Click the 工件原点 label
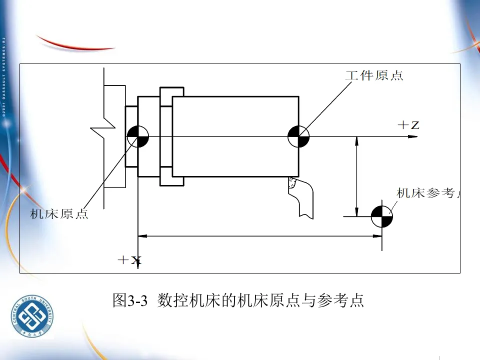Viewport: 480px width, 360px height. point(374,76)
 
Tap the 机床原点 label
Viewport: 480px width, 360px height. point(59,214)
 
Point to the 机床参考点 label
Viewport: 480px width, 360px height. point(428,193)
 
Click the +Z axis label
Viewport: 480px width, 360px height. point(408,125)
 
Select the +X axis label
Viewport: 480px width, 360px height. point(129,260)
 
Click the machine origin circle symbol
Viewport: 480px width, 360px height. point(137,136)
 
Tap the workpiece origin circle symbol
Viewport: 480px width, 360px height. point(298,136)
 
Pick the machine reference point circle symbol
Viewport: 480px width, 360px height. point(382,216)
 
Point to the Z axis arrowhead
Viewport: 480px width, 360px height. point(413,136)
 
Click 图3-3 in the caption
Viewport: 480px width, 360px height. point(130,300)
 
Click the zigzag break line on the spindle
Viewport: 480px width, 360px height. point(97,130)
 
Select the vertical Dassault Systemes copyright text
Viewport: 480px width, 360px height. point(4,75)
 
